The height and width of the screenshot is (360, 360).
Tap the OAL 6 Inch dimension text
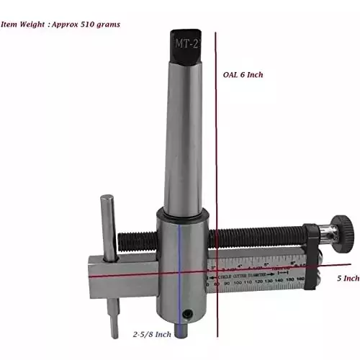(x=246, y=75)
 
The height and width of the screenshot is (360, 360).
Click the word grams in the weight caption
(x=107, y=24)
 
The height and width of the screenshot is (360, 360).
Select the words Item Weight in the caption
(x=22, y=24)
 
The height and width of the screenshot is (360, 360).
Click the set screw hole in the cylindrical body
(x=189, y=312)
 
